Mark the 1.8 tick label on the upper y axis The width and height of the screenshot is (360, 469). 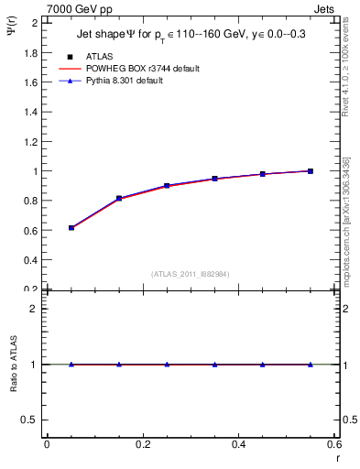31,53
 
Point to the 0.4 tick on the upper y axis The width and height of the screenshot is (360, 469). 31,260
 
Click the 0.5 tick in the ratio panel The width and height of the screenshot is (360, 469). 31,420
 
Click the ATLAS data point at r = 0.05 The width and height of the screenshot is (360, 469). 71,227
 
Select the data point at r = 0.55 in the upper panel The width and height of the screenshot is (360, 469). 311,171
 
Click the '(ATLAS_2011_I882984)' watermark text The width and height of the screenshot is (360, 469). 191,274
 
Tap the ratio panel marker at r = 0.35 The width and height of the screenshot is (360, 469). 214,365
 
